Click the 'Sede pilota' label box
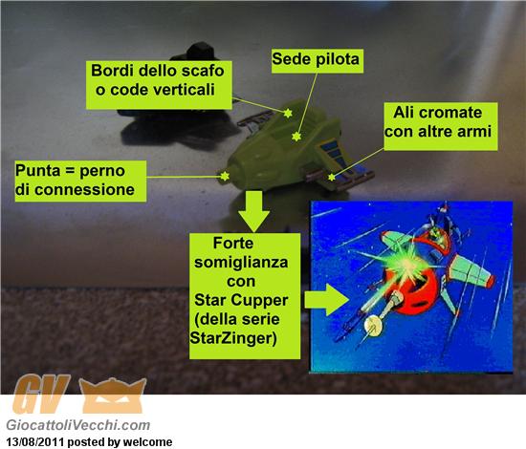[x=317, y=60]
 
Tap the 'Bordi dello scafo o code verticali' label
[x=159, y=85]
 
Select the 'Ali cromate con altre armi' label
[x=441, y=126]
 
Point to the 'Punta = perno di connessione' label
[x=80, y=181]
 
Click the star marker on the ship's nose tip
[x=225, y=176]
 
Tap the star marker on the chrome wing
[x=332, y=177]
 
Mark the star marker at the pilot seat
[x=296, y=137]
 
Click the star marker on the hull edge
[x=288, y=114]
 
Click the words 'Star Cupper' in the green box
[x=241, y=300]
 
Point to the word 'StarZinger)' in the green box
[x=233, y=338]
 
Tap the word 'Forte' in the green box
[x=233, y=243]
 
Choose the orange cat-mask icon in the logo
[x=113, y=396]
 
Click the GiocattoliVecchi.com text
[x=78, y=425]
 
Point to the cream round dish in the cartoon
[x=373, y=326]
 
